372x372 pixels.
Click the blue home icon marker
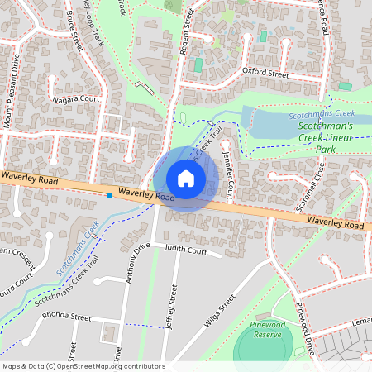tap(186, 179)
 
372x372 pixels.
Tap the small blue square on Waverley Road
tap(110, 195)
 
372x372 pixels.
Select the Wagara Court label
tap(76, 99)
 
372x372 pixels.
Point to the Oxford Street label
tap(265, 74)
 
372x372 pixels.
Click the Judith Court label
tap(185, 249)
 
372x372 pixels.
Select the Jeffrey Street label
tap(172, 308)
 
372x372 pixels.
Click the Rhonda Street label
tap(69, 317)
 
